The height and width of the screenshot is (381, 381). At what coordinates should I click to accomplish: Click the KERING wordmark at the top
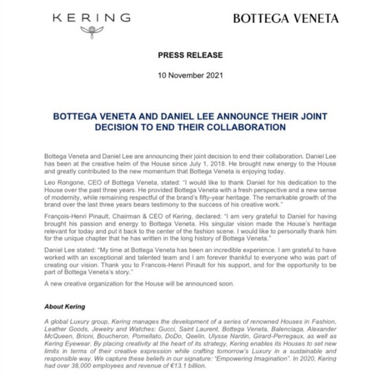pos(91,18)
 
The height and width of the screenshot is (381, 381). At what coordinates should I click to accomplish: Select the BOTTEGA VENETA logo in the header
pos(286,18)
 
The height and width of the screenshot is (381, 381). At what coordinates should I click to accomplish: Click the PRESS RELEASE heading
pos(190,55)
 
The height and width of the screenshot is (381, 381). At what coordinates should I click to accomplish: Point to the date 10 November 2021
pos(190,76)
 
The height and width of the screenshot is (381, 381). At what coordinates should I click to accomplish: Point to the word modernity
pos(61,197)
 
